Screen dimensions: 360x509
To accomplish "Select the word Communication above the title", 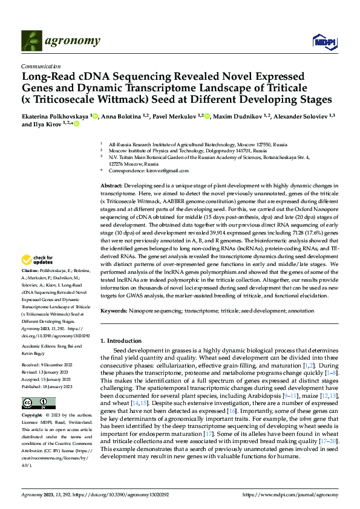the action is point(41,66).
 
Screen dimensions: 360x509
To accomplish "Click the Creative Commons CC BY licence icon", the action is point(38,403).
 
